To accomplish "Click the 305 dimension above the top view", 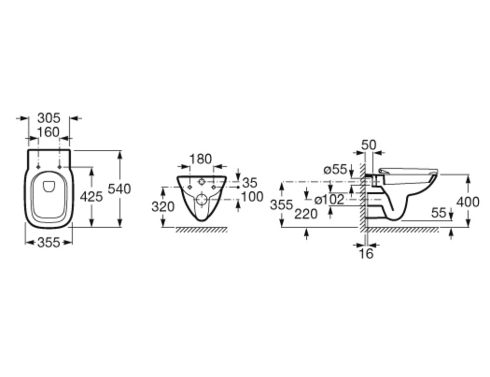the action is point(49,118).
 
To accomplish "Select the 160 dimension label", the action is point(48,132).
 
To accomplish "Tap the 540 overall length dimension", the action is point(119,189).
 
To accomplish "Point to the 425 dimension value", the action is point(91,197).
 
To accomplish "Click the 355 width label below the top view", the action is point(49,242).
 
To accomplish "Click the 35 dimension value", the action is point(250,183).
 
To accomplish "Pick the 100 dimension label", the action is point(252,197).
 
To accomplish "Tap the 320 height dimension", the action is point(163,207).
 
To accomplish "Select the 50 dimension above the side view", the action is point(369,145).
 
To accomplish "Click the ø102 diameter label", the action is point(329,200).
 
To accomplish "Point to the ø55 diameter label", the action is point(335,170).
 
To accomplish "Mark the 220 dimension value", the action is point(306,215).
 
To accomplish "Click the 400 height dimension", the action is point(468,202).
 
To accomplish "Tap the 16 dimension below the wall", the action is point(366,254).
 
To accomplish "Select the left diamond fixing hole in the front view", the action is point(190,187).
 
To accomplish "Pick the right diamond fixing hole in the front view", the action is point(214,187).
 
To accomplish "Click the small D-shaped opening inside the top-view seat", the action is point(49,186).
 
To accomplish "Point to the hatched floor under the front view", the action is point(201,230).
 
